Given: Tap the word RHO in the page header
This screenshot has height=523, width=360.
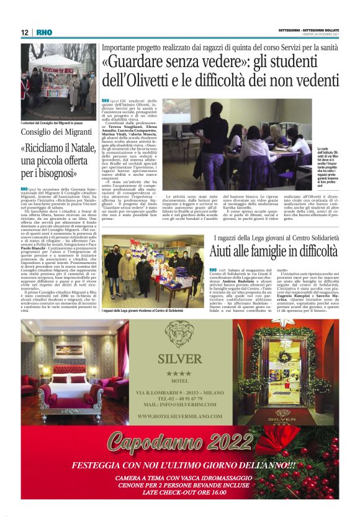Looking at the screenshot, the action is coord(43,32).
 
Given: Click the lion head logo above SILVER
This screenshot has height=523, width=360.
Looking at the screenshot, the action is coord(179,334).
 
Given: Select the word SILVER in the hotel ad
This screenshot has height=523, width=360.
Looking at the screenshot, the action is coord(179,359).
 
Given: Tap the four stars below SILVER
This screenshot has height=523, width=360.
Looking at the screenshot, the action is coord(179,373).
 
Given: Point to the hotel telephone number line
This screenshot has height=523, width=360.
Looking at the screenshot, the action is coord(179,399).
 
